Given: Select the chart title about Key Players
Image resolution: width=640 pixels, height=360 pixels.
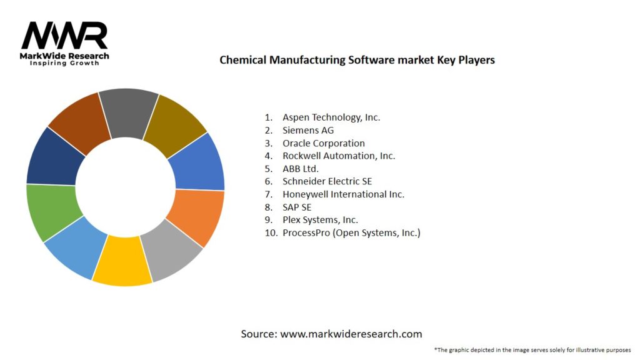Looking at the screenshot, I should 357,60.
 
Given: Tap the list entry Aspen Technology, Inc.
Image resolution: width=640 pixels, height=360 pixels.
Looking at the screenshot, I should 331,117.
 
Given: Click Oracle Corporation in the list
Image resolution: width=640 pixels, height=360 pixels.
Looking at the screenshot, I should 323,143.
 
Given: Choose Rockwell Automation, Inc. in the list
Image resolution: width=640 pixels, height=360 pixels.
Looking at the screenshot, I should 338,156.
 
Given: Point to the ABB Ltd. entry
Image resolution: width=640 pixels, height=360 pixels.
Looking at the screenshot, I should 300,169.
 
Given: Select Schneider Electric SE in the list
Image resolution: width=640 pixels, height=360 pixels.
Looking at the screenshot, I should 327,182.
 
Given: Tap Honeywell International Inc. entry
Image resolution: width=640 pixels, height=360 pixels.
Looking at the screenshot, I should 343,194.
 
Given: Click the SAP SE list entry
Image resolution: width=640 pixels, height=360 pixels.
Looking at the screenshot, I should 296,207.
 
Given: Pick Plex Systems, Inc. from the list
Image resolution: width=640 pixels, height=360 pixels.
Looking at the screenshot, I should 319,220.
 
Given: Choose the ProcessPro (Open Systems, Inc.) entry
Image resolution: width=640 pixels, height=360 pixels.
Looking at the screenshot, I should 351,233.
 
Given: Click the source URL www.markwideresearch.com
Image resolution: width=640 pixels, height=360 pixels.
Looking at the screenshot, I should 351,334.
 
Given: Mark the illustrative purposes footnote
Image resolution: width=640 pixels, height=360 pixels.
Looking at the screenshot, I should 532,349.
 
